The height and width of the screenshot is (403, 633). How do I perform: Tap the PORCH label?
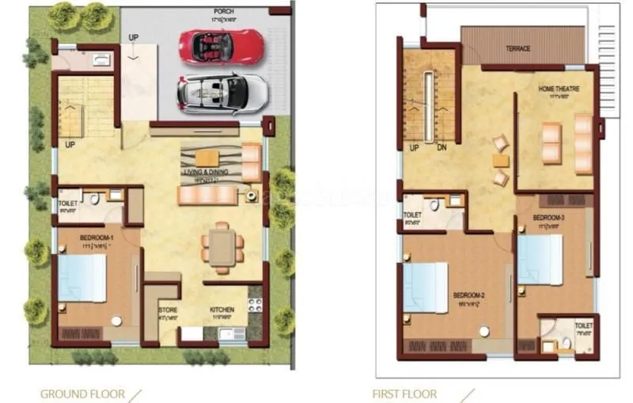tap(223, 12)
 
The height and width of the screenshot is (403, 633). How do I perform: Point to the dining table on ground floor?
tap(222, 247)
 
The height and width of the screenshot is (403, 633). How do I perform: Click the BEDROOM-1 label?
tap(97, 238)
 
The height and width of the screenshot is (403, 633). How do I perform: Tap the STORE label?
tap(167, 310)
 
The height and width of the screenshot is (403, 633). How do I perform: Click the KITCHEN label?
tap(222, 310)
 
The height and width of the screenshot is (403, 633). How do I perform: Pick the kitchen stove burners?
tap(255, 304)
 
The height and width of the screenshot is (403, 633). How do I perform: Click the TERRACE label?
tap(518, 48)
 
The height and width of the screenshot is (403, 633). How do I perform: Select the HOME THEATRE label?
tap(558, 89)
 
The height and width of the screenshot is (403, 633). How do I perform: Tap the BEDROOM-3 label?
tap(548, 217)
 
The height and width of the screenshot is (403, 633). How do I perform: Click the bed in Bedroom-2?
tap(426, 287)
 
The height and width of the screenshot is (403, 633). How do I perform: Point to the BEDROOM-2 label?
tap(468, 295)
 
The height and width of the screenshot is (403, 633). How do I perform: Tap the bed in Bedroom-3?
tap(540, 260)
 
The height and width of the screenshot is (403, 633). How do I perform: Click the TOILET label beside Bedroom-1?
tap(68, 203)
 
